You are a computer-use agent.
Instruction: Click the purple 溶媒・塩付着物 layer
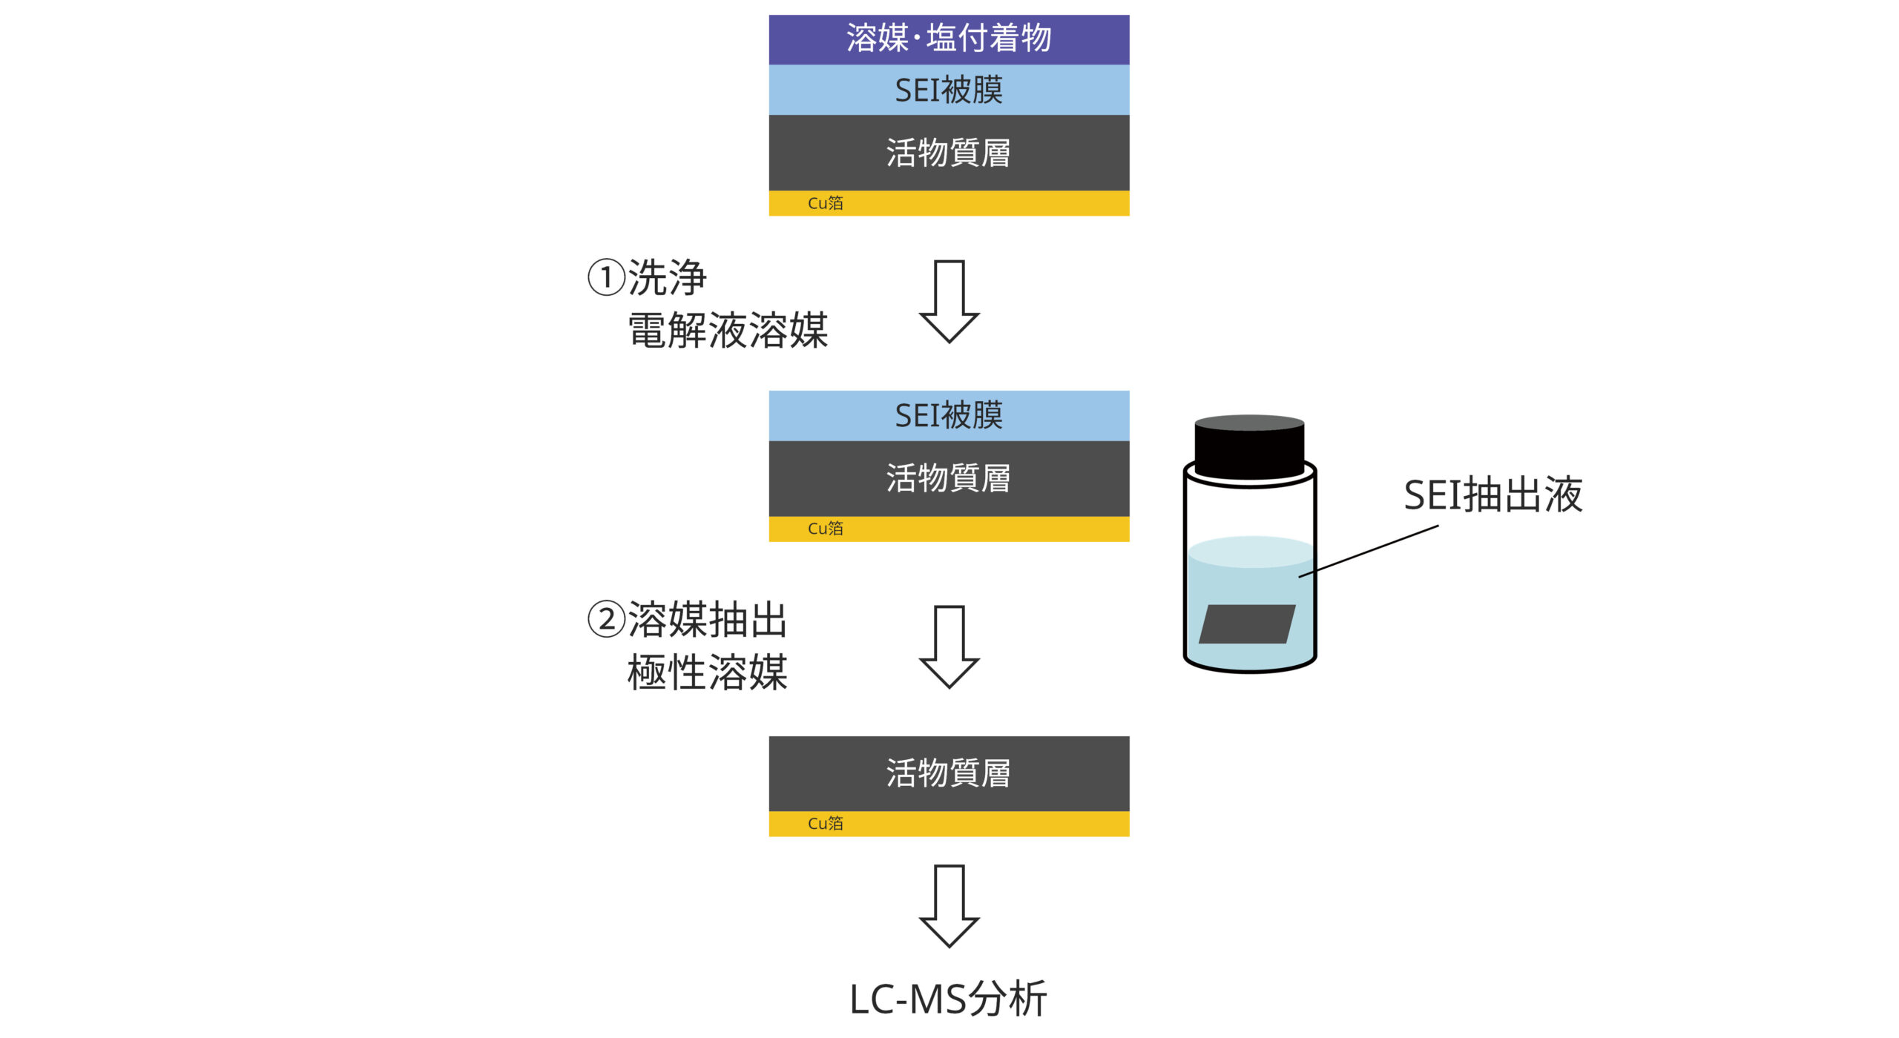(949, 39)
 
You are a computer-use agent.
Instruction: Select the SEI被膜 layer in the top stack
(949, 90)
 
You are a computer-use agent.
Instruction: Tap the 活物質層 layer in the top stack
(949, 153)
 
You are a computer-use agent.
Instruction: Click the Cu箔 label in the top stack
(825, 203)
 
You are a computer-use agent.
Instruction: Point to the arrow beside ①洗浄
(949, 300)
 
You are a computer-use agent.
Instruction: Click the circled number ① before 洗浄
(606, 278)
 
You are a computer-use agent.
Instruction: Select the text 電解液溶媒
(727, 330)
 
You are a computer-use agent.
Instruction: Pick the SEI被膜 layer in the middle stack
(949, 415)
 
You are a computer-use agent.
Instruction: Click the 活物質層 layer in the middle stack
(949, 478)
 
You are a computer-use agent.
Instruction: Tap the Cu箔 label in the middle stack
(825, 529)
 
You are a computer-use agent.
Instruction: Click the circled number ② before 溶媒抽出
(606, 620)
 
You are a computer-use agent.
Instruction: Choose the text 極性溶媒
(707, 672)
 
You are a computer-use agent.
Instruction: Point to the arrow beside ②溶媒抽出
(949, 646)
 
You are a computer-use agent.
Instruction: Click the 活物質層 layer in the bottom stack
(949, 773)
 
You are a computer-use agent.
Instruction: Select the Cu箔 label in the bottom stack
(825, 824)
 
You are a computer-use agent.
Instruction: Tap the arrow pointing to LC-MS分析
(949, 905)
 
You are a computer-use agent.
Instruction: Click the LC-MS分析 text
(947, 999)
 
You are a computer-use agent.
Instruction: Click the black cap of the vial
(1249, 446)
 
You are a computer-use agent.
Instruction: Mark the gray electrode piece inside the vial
(1247, 624)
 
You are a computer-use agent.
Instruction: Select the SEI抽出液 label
(1492, 495)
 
